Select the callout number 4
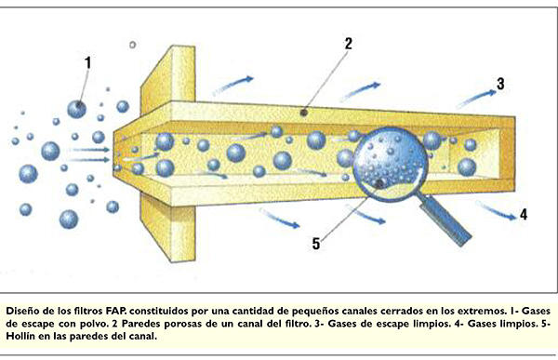click(x=524, y=214)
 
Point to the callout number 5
click(x=316, y=245)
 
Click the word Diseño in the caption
click(x=26, y=308)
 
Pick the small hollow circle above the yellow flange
click(x=133, y=44)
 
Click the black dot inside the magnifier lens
click(x=380, y=183)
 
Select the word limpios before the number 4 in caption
click(x=417, y=321)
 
